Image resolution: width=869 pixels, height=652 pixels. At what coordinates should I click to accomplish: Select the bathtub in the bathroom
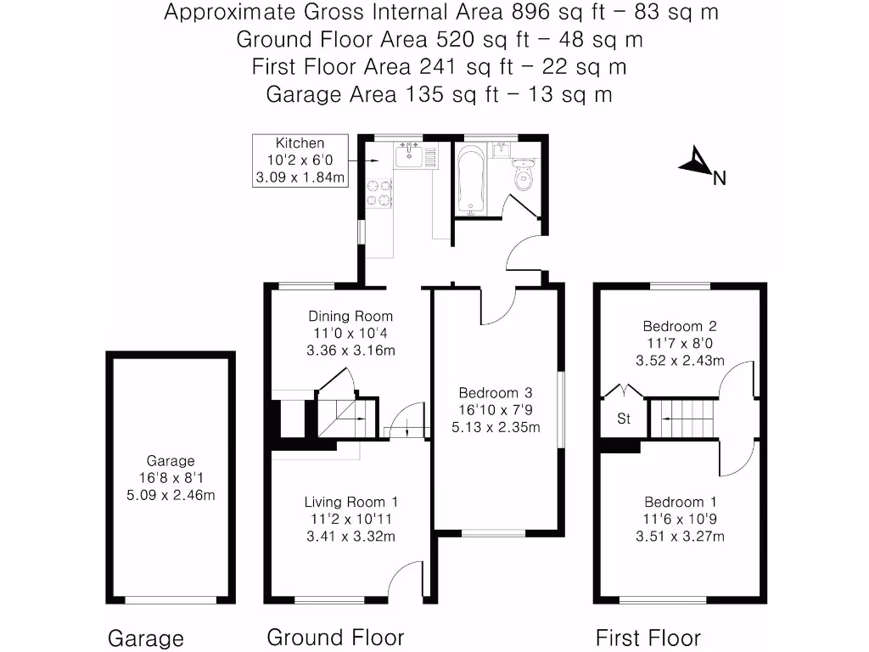click(x=469, y=181)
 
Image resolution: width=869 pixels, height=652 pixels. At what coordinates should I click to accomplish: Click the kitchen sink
click(x=409, y=155)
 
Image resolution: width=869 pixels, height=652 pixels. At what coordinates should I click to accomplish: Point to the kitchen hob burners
click(x=378, y=193)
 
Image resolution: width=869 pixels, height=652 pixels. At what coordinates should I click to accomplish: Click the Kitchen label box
click(x=300, y=160)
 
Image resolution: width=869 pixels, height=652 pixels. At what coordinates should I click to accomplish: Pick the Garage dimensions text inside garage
click(x=171, y=486)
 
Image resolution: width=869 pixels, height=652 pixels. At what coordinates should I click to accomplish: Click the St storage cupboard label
click(x=624, y=419)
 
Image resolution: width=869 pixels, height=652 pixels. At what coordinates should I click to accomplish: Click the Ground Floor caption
click(x=335, y=637)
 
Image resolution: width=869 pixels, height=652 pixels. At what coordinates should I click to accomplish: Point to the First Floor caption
click(x=648, y=638)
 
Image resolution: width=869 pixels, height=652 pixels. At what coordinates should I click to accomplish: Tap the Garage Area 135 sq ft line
click(x=439, y=94)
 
